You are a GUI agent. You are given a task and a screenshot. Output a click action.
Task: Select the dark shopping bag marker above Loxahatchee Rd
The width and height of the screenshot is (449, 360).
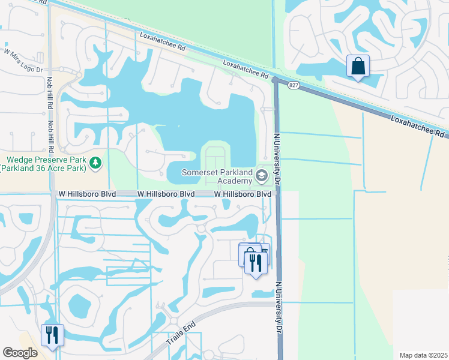pyautogui.click(x=358, y=67)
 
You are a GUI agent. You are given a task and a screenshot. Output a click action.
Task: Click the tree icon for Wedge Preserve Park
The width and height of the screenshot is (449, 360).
pyautogui.click(x=95, y=162)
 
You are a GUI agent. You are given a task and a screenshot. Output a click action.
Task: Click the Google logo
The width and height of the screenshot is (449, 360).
pyautogui.click(x=20, y=353)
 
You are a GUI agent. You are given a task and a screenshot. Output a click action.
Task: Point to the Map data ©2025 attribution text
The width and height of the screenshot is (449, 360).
pyautogui.click(x=424, y=355)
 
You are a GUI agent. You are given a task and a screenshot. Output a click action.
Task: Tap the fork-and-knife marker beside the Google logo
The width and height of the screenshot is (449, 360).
pyautogui.click(x=52, y=335)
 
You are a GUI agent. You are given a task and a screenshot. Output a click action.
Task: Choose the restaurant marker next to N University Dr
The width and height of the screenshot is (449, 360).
pyautogui.click(x=256, y=263)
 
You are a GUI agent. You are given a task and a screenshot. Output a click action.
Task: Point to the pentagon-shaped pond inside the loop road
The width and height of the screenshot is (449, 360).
pyautogui.click(x=79, y=306)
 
